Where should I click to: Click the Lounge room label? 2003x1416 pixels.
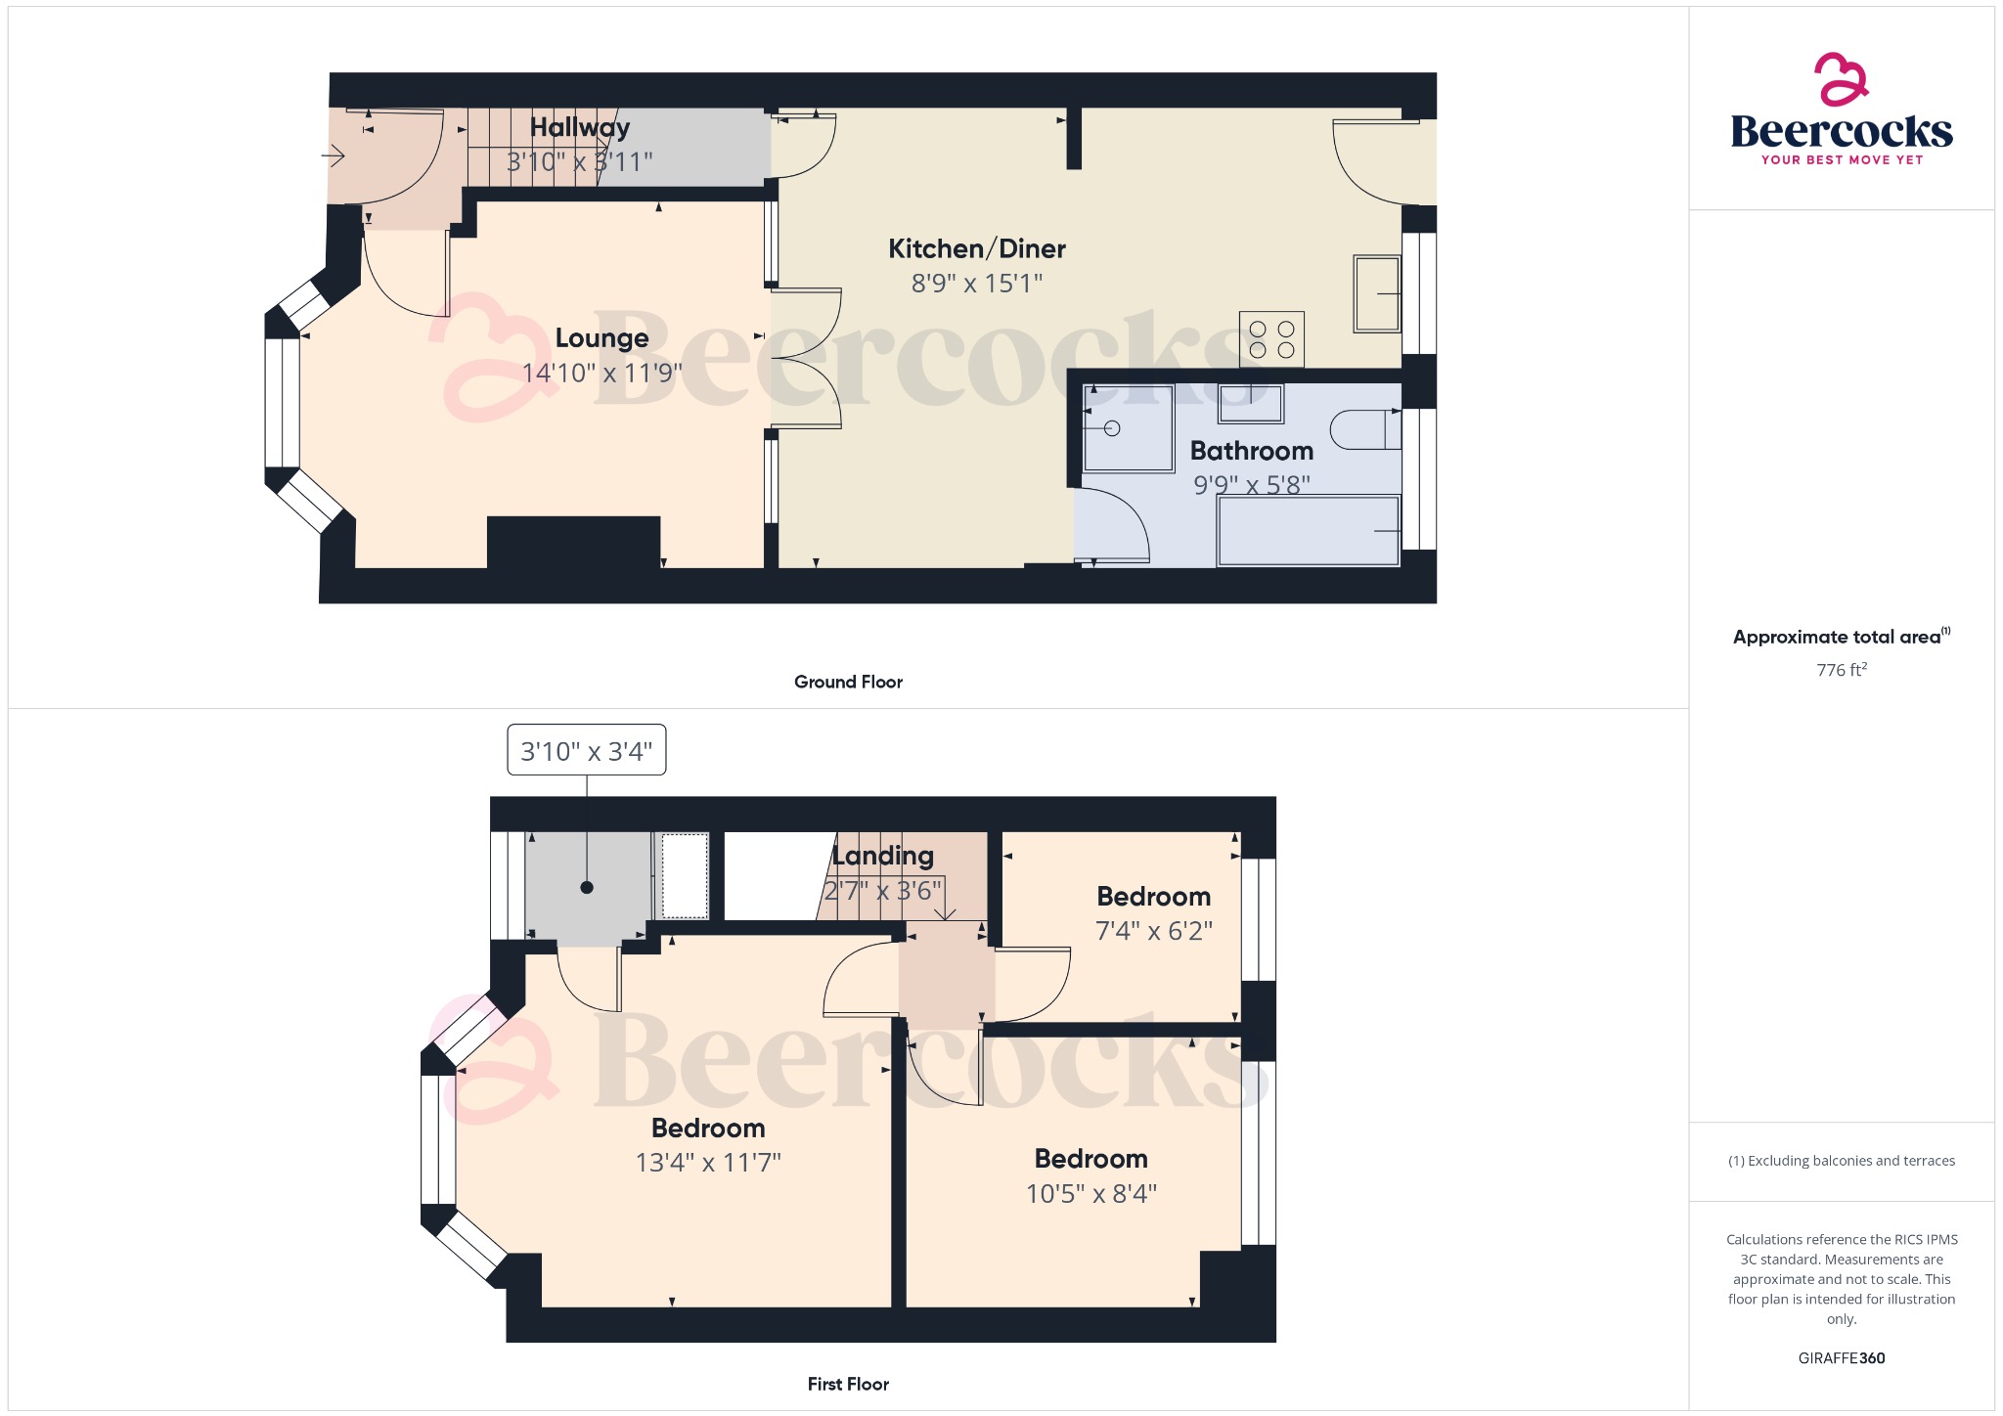601,338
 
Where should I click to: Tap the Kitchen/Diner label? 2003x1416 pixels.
977,249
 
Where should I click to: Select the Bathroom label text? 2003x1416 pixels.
1252,451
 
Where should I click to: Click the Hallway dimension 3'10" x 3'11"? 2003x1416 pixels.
579,161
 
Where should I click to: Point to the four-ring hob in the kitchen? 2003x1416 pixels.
1271,339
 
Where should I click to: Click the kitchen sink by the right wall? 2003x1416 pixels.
1377,293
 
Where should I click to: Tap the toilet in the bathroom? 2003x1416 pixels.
1365,429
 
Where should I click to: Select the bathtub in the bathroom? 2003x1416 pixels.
1309,531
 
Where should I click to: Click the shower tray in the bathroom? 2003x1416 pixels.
1128,428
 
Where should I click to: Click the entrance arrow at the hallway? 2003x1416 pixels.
334,155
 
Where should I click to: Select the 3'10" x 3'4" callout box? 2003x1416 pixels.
587,750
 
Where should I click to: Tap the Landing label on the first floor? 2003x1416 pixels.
883,857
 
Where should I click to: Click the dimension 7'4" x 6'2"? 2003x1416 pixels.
1154,931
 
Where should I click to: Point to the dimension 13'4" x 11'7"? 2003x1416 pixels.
708,1163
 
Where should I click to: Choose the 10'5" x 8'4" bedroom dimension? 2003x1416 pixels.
1091,1194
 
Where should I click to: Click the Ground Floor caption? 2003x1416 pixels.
848,682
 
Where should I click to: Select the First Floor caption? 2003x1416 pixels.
848,1384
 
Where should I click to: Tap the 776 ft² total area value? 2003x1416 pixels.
1842,670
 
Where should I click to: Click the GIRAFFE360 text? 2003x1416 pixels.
1842,1358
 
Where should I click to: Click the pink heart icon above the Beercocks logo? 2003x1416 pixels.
1842,78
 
